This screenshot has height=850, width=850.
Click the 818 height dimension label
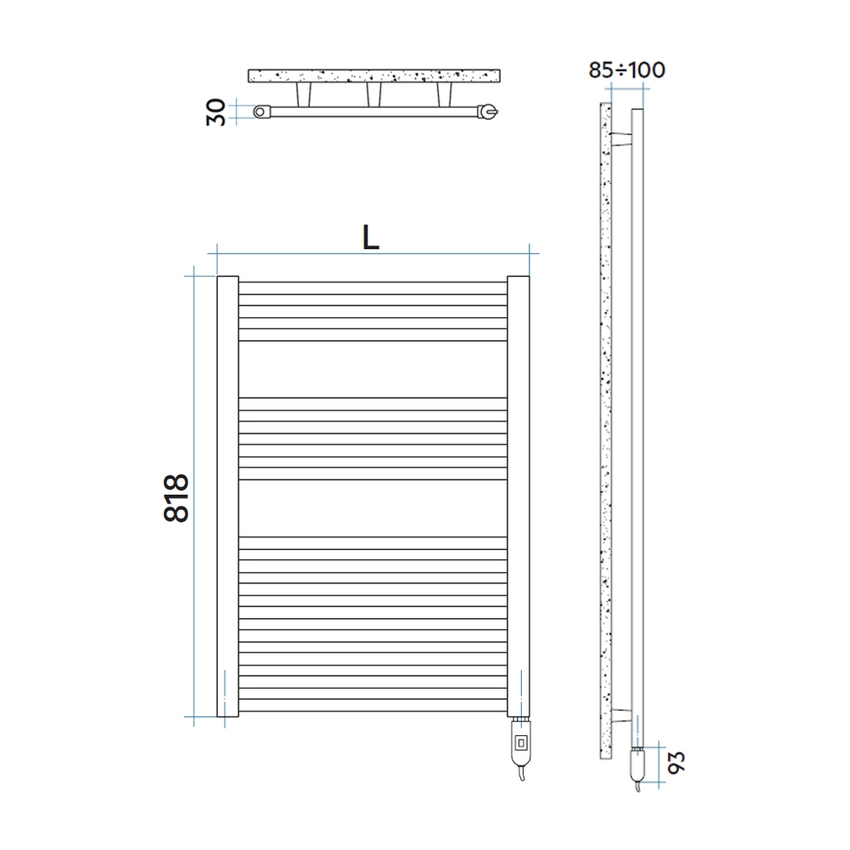click(x=176, y=497)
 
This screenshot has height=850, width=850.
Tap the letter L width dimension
click(x=371, y=236)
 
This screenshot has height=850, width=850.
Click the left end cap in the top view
click(x=262, y=112)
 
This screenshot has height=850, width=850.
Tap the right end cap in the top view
click(x=487, y=113)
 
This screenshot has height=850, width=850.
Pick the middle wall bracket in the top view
click(x=374, y=94)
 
